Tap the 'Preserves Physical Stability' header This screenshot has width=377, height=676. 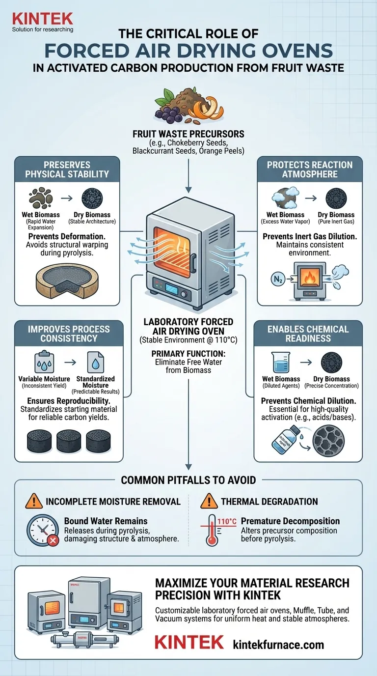coord(67,169)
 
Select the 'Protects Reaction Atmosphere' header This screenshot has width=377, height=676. coord(309,169)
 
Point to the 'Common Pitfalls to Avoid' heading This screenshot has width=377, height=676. coord(188,480)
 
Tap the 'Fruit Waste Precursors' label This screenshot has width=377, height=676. coord(188,134)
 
